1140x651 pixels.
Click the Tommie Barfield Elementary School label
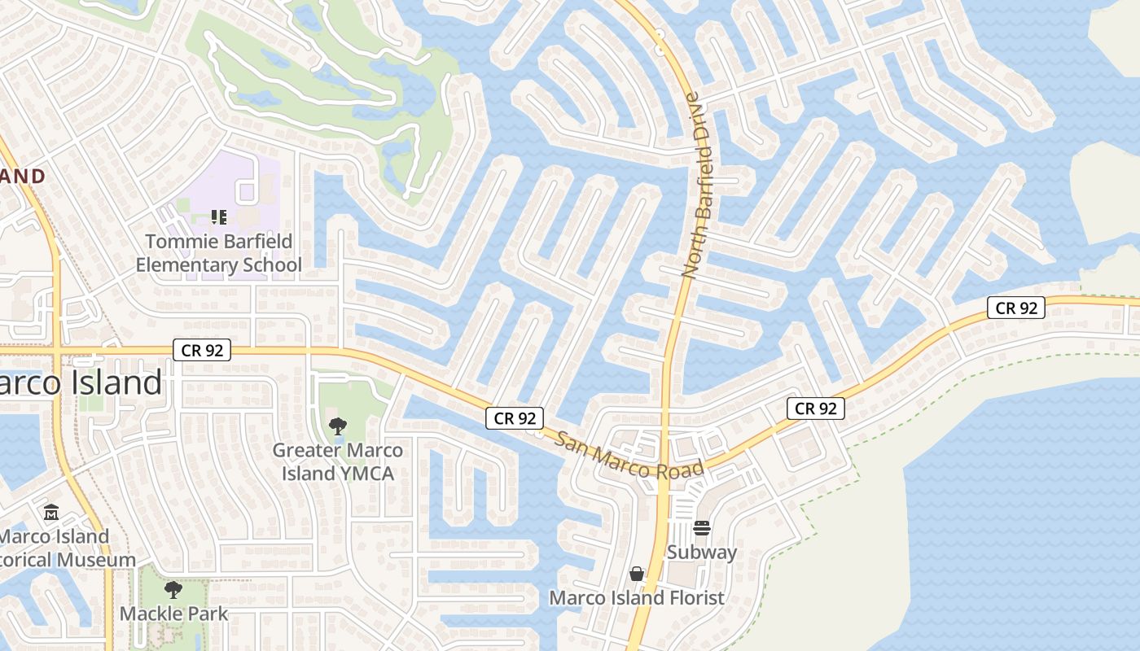click(218, 253)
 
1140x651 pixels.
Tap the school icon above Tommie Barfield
click(218, 216)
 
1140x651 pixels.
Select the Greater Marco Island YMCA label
click(337, 461)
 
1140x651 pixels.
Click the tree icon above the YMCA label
click(337, 426)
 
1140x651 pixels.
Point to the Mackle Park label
click(174, 613)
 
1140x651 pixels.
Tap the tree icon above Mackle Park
click(173, 589)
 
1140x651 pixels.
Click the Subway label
click(702, 552)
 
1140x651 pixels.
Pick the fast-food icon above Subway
click(702, 528)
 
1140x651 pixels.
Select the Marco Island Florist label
click(637, 598)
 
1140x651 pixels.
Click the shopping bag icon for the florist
click(637, 574)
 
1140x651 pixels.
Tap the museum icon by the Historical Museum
click(51, 513)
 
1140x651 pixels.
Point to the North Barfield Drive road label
click(697, 186)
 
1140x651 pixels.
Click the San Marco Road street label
click(629, 456)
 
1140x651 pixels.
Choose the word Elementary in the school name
click(186, 264)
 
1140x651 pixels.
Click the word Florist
click(695, 598)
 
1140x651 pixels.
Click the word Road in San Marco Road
click(681, 470)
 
